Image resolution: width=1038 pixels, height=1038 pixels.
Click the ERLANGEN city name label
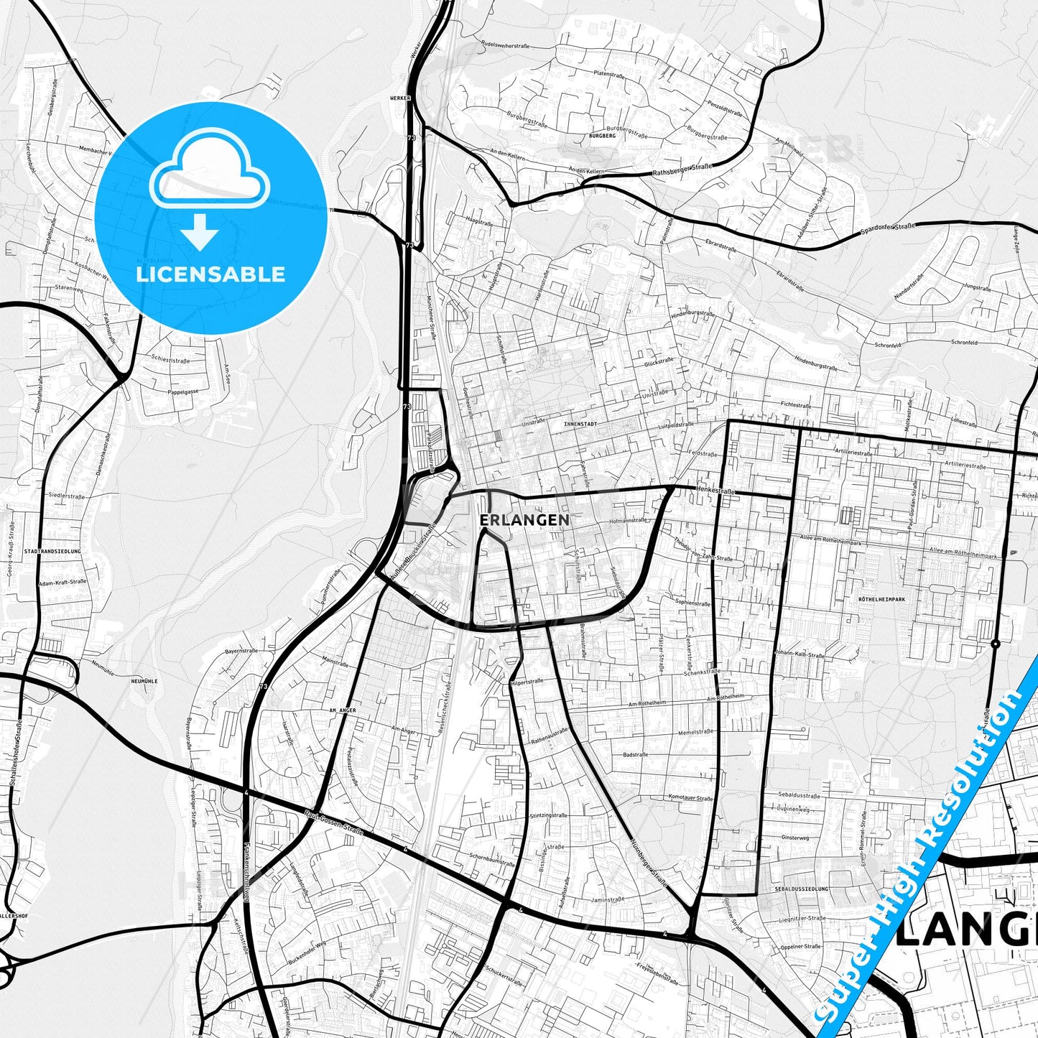click(524, 519)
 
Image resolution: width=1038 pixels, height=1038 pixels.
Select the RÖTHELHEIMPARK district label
click(881, 598)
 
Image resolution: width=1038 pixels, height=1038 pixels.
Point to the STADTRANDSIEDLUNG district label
click(52, 551)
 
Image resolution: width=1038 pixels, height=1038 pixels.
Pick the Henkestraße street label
click(715, 491)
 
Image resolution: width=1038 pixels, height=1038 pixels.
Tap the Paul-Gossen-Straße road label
click(333, 822)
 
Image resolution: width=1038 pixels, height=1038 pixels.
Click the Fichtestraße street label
click(797, 405)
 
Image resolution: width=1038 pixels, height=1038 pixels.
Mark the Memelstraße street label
click(693, 732)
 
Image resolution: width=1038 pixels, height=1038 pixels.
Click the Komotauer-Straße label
click(690, 798)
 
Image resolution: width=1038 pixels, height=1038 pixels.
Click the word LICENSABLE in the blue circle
click(210, 274)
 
